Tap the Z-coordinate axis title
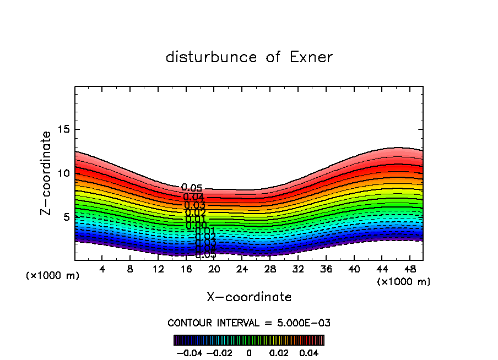click(x=46, y=173)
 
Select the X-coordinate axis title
click(x=249, y=297)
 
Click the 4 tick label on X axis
click(x=102, y=269)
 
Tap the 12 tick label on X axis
click(x=158, y=269)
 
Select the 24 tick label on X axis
click(x=242, y=269)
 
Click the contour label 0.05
click(x=192, y=188)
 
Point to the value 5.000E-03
click(x=306, y=323)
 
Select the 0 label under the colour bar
click(x=249, y=352)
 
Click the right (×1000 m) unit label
click(x=404, y=282)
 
